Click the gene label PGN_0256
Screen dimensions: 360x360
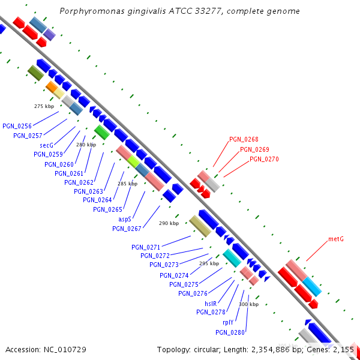tap(17, 126)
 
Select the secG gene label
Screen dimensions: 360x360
tap(47, 145)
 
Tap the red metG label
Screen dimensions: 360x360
tap(336, 239)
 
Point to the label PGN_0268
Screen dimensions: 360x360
tap(244, 140)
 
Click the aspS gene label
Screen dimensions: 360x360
tap(125, 219)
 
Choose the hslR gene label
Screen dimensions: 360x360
tap(211, 303)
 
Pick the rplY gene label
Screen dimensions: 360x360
tap(228, 322)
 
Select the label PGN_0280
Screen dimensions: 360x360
tap(230, 332)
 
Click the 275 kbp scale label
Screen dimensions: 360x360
tap(44, 106)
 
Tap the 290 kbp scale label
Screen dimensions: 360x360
tap(169, 223)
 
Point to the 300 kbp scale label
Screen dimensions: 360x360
tap(248, 304)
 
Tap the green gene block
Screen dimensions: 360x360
tap(101, 133)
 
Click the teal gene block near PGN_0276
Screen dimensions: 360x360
tap(232, 258)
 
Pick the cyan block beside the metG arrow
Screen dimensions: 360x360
tap(312, 286)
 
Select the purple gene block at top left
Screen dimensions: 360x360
tap(49, 35)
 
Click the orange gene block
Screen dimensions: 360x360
tap(52, 88)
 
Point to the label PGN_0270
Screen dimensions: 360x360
tap(264, 159)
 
